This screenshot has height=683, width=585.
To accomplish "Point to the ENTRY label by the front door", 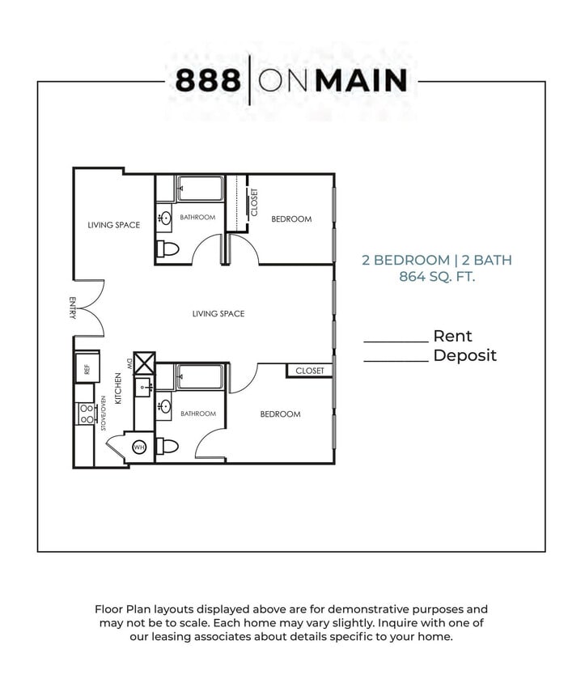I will point(73,308).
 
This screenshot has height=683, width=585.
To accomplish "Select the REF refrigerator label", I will point(87,370).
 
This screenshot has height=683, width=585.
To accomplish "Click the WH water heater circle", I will point(138,448).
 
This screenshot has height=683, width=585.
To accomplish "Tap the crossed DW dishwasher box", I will point(144,362).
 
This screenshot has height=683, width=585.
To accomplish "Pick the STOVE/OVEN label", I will point(104,413).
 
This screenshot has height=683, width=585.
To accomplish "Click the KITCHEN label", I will point(118,388).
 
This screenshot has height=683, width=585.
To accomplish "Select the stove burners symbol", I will point(85,414).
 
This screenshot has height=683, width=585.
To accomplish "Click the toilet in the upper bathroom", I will point(167,248).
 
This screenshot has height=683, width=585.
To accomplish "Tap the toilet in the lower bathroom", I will point(167,446).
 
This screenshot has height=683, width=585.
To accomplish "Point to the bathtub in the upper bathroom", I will point(200,189).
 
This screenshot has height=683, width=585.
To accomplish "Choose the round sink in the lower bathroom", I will point(165,406).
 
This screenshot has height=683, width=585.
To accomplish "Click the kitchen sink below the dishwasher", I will point(144,388).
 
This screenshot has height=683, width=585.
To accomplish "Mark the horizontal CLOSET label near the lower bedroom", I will point(309,371).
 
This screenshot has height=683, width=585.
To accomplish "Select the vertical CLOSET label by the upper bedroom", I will point(254,202).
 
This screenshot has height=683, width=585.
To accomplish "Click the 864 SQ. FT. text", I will point(437,277).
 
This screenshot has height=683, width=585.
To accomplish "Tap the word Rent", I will point(452,336).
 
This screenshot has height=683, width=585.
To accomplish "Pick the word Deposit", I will point(464,355).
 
